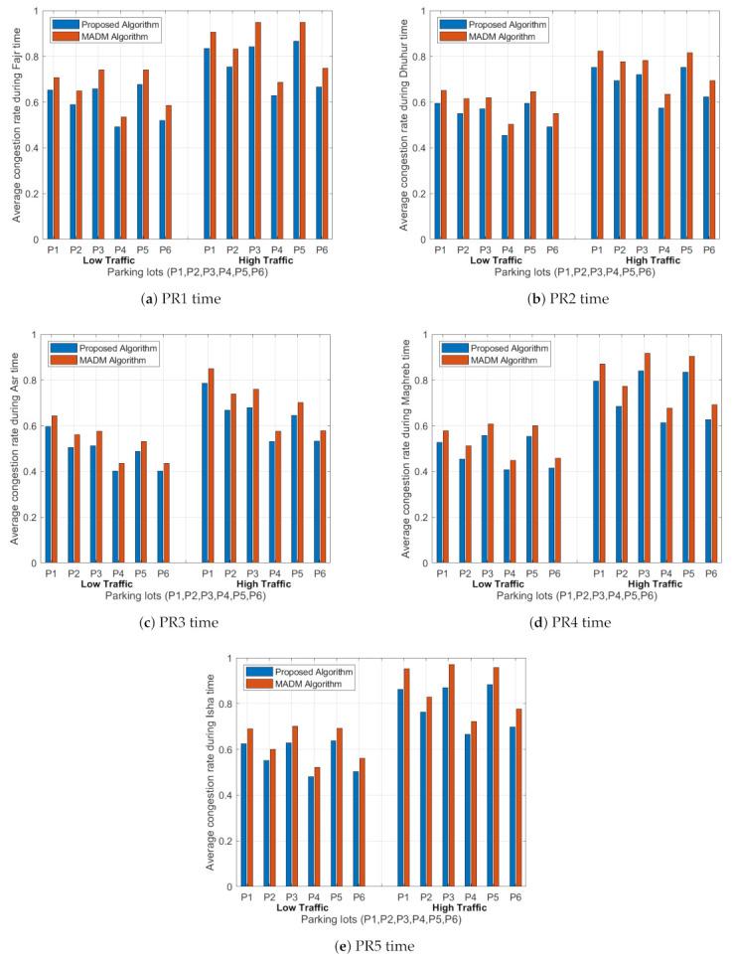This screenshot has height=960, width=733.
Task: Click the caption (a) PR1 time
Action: click(183, 298)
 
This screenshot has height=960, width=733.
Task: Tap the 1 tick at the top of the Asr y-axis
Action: click(35, 335)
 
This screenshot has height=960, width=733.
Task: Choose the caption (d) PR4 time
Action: click(551, 622)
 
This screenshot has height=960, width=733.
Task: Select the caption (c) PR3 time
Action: click(183, 622)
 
